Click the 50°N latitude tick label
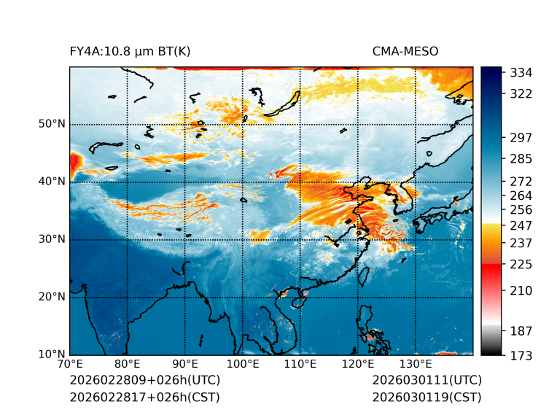pyautogui.click(x=52, y=124)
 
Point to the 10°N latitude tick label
pyautogui.click(x=52, y=355)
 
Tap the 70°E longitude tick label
pyautogui.click(x=70, y=364)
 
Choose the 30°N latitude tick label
pyautogui.click(x=52, y=239)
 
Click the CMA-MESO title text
pyautogui.click(x=405, y=51)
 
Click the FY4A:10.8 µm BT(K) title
pyautogui.click(x=131, y=51)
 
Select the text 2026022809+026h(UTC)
pyautogui.click(x=144, y=380)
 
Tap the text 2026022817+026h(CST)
pyautogui.click(x=144, y=397)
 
